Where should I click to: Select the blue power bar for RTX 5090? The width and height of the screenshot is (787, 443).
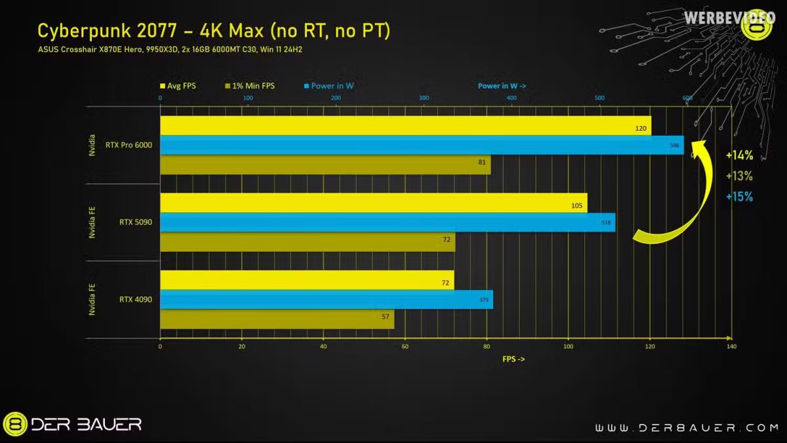tap(388, 222)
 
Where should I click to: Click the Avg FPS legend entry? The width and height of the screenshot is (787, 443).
tap(178, 86)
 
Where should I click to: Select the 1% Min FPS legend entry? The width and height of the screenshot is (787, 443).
tap(250, 86)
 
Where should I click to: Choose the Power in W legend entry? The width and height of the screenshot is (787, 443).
tap(328, 86)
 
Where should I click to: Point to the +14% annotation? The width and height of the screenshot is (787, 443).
tap(739, 156)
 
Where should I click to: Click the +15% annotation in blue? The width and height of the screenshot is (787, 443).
tap(739, 196)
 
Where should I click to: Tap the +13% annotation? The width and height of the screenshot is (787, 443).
tap(739, 176)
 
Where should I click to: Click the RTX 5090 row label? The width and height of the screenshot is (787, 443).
tap(136, 222)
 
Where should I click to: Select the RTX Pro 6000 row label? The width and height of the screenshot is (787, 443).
tap(129, 145)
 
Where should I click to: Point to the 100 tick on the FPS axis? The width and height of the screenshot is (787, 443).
tap(568, 347)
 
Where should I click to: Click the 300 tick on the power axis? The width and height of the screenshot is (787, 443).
tap(424, 98)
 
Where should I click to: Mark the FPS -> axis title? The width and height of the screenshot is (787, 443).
tap(514, 359)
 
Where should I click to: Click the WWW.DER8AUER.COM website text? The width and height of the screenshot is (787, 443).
tap(687, 427)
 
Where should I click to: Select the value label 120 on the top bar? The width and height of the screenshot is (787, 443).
tap(641, 129)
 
